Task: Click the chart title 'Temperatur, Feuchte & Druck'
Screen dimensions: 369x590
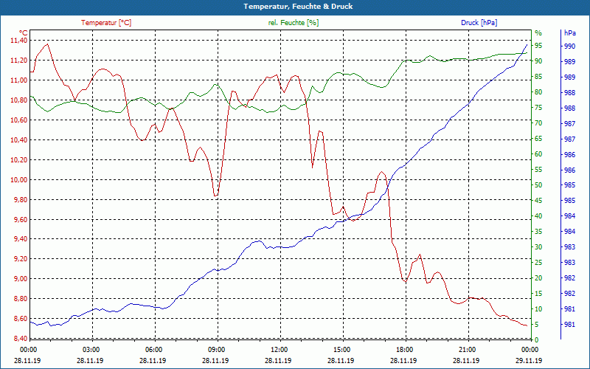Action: [x=294, y=7]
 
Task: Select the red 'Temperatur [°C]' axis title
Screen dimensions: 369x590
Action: [x=106, y=23]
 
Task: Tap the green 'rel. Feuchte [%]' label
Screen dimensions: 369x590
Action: [x=294, y=23]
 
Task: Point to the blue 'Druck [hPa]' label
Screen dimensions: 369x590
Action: [x=479, y=23]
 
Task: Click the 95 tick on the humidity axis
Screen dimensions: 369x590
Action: [x=538, y=46]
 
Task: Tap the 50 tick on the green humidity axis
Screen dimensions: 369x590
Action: [x=538, y=185]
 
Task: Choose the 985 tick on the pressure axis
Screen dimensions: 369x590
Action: [x=569, y=201]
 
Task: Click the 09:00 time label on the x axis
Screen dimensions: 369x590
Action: [x=216, y=350]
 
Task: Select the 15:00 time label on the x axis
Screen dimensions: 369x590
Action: [x=341, y=350]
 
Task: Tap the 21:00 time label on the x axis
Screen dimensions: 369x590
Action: [x=467, y=350]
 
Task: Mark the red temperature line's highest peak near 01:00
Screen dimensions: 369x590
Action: [x=48, y=44]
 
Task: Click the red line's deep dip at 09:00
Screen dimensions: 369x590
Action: [x=215, y=196]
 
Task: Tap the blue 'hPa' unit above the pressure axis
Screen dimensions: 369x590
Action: [x=569, y=33]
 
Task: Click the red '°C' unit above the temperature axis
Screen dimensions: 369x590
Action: [x=23, y=33]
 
